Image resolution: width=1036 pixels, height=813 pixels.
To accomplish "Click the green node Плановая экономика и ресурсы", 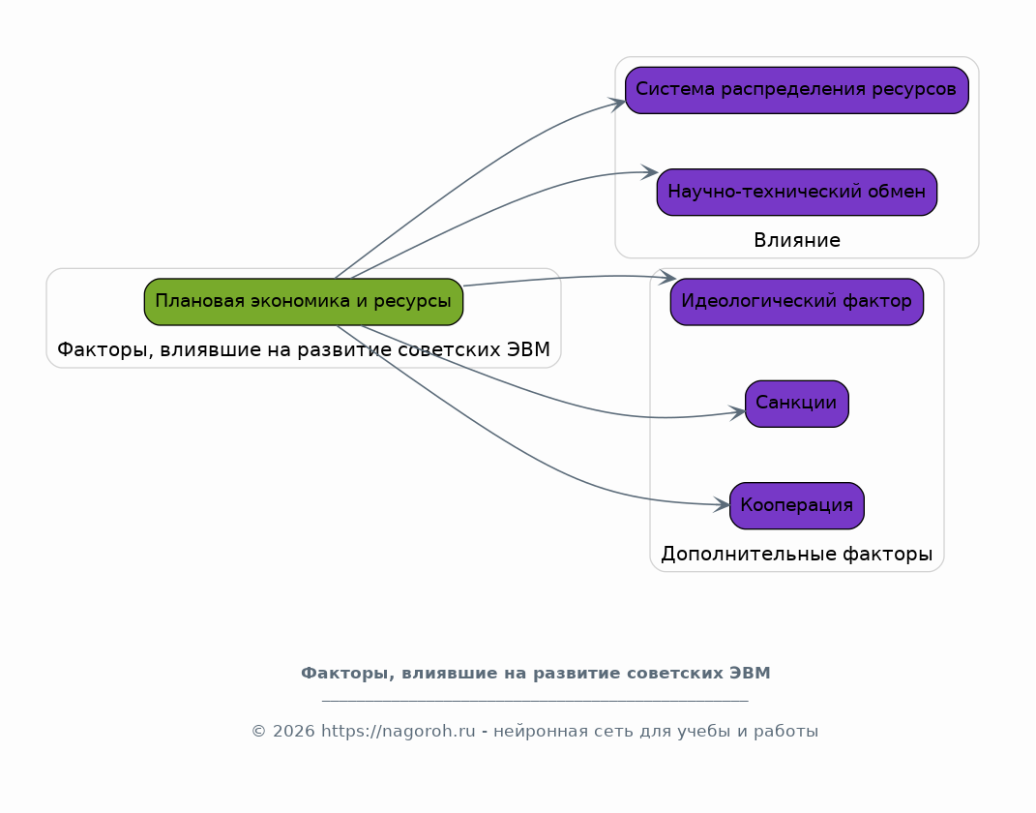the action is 304,301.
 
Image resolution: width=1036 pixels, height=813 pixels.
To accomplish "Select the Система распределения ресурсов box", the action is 797,90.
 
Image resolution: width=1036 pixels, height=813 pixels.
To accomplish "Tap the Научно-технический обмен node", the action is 797,192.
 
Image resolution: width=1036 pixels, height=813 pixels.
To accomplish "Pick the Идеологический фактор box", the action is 797,301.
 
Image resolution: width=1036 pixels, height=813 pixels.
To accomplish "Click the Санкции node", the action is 797,404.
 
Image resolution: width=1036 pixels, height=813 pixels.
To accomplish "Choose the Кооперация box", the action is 797,505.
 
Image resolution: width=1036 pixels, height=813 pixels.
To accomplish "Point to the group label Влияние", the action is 797,241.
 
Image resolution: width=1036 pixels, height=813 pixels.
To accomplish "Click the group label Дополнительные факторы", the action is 797,554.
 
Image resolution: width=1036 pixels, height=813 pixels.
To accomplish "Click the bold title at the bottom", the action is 536,674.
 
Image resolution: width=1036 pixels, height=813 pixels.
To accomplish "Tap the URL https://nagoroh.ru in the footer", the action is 398,731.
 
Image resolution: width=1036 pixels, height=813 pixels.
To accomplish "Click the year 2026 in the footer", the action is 293,731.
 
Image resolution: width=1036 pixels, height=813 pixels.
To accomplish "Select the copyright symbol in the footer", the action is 258,732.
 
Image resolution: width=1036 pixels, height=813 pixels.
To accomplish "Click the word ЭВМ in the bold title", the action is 750,674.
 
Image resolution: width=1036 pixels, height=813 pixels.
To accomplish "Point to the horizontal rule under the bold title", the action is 535,700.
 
